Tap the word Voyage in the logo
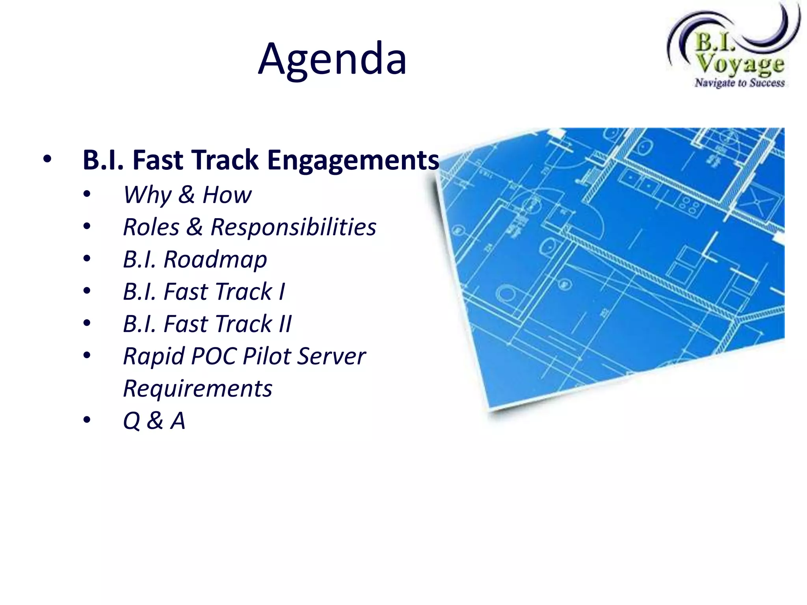point(740,64)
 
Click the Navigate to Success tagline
point(740,83)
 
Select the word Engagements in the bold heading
point(353,160)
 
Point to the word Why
point(147,195)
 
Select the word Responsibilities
point(293,227)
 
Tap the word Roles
point(151,227)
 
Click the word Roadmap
point(215,260)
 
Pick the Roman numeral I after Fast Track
point(282,292)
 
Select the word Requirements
point(197,389)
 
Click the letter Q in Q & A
point(132,421)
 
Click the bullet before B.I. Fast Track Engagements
point(47,160)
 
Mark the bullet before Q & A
point(87,420)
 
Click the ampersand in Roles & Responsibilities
point(195,227)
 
